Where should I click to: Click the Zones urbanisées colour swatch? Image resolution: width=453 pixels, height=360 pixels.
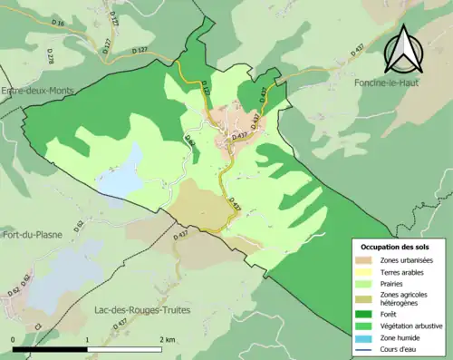tap(366, 261)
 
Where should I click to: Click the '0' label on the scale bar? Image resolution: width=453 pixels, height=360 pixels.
tap(14, 339)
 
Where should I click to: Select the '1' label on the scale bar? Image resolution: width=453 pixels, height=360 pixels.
tap(87, 339)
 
